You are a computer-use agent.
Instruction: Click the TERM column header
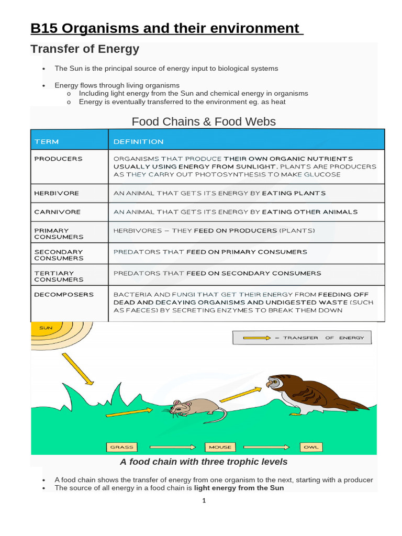click(x=47, y=141)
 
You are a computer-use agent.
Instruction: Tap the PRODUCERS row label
click(x=58, y=159)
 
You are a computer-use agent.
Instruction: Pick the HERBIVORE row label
click(x=57, y=193)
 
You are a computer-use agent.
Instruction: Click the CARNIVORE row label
click(x=57, y=212)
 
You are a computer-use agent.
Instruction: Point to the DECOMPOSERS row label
click(x=64, y=295)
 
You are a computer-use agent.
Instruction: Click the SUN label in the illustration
click(x=47, y=328)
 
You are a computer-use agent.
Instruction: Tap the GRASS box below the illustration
click(x=122, y=447)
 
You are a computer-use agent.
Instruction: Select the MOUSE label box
click(x=220, y=447)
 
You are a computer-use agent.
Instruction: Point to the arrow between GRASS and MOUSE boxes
click(x=173, y=447)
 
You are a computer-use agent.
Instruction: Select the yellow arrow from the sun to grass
click(x=77, y=368)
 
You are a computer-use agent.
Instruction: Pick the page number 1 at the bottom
click(x=205, y=501)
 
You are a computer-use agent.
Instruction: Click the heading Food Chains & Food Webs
click(x=204, y=121)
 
